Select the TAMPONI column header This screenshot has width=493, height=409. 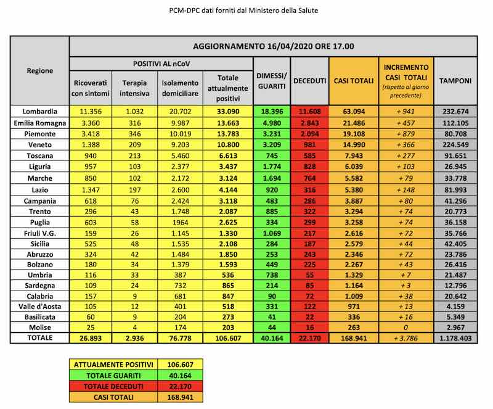[455, 81]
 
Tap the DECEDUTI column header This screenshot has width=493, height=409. [309, 81]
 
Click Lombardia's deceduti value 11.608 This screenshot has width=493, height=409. [309, 111]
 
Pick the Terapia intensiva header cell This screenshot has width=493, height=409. [135, 88]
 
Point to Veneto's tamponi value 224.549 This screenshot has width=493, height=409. [455, 144]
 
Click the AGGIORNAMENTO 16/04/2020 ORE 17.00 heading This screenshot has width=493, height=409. [273, 46]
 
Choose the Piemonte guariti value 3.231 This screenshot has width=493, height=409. [272, 133]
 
